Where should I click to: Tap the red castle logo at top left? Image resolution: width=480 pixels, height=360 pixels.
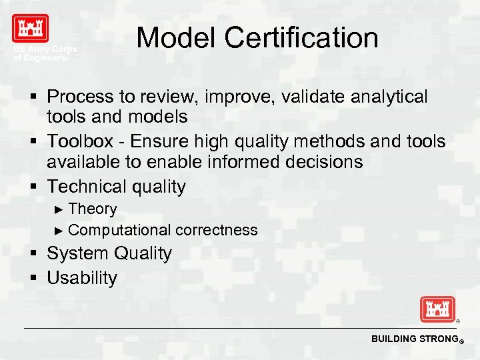(x=30, y=29)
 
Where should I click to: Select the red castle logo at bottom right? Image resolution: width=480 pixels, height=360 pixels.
(x=437, y=309)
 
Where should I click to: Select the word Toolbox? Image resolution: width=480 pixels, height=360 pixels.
(x=82, y=141)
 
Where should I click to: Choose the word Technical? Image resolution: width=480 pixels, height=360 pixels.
(x=85, y=186)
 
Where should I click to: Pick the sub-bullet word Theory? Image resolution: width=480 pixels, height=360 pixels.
(x=92, y=209)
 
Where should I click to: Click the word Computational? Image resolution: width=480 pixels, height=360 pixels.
(x=119, y=230)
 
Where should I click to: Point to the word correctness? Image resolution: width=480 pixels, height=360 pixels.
(x=217, y=230)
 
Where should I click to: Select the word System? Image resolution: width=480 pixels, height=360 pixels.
(x=78, y=253)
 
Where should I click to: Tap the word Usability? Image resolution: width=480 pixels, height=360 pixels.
(x=81, y=278)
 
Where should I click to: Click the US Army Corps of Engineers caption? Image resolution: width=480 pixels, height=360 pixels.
(x=45, y=53)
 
